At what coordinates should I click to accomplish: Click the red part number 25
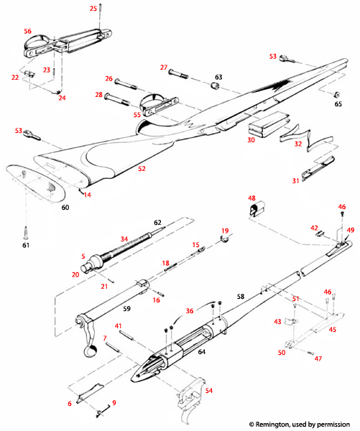tap(93, 8)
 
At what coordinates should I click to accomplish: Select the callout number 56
tap(27, 32)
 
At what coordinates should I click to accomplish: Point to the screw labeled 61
tap(27, 232)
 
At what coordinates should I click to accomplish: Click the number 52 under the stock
tap(142, 169)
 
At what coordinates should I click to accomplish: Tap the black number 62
tap(157, 223)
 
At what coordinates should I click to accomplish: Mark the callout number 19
tap(224, 231)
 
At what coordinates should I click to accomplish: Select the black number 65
tap(338, 104)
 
